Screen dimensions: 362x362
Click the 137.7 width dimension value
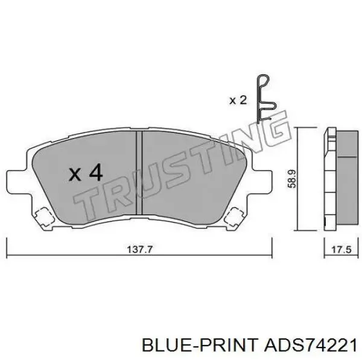[140, 250]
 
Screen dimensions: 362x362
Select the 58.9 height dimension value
[292, 179]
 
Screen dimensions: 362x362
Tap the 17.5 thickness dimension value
[341, 250]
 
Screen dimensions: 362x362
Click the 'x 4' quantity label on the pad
[86, 173]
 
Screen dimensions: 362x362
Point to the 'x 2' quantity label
[238, 100]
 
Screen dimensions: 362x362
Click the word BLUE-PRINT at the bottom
[200, 345]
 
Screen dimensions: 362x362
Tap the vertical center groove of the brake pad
[139, 173]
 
